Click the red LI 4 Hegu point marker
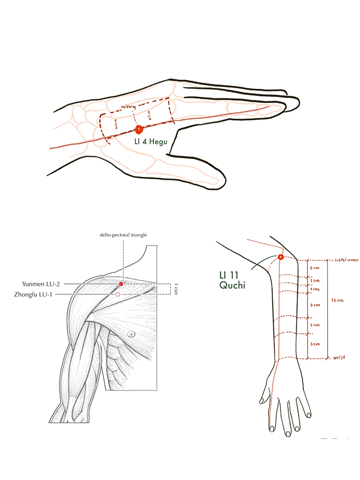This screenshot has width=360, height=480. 139,129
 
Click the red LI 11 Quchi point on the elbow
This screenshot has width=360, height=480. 281,256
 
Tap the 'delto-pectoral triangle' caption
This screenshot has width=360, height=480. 123,235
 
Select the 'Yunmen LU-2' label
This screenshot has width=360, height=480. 41,283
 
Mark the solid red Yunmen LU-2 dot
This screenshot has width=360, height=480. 121,284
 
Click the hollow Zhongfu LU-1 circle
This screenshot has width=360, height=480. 118,294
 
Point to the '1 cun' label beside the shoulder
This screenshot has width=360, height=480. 176,289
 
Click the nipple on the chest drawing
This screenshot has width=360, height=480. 131,334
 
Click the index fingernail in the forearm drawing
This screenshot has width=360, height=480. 270,427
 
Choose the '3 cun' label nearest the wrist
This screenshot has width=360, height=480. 315,344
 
